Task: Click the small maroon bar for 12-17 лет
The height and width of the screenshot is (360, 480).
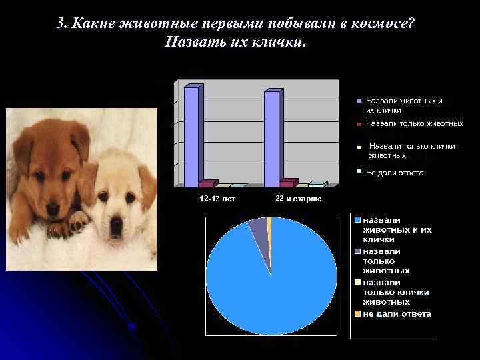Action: (x=207, y=183)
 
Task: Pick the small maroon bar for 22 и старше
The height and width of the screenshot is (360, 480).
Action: (x=287, y=183)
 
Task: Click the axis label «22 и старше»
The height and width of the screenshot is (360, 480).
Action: (x=298, y=199)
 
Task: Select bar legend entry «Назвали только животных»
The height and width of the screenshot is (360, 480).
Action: (x=414, y=124)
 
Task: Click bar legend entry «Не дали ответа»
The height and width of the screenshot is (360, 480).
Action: (x=394, y=173)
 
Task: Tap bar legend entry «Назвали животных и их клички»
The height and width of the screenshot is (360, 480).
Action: (x=403, y=105)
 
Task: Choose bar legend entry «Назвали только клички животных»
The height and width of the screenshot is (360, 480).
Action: (x=411, y=150)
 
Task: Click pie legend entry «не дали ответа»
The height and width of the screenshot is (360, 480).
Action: (x=397, y=313)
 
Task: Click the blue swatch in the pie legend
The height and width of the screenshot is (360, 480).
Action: (x=358, y=220)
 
